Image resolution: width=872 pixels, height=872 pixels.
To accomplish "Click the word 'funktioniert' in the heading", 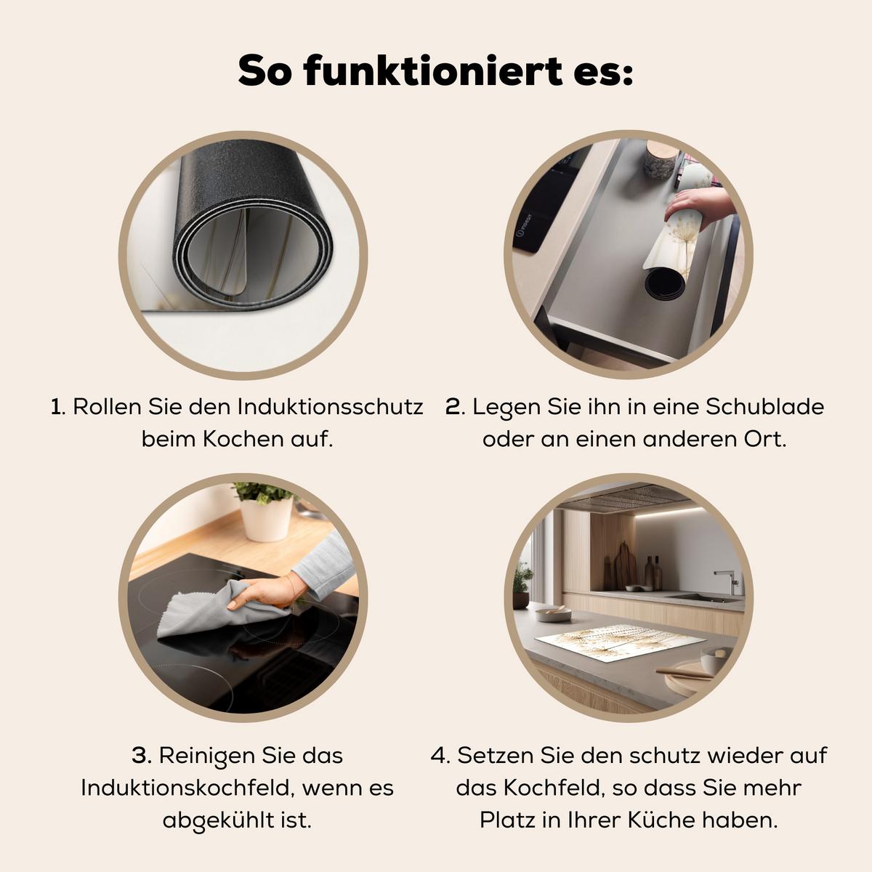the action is pos(433,70).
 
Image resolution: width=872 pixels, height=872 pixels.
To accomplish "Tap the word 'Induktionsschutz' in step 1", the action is pos(331,407).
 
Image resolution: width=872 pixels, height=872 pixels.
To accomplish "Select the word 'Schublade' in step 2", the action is pos(764,407).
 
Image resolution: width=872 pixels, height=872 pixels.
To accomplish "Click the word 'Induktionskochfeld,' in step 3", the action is pos(187,788).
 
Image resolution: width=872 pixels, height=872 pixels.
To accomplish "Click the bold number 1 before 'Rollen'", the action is pos(56,407).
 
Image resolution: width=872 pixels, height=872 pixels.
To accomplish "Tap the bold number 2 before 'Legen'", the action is pos(453,407).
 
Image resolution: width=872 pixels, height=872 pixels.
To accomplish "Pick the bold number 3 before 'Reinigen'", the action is pos(141,756).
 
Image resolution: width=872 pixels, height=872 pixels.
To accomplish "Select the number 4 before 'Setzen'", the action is pos(437,756).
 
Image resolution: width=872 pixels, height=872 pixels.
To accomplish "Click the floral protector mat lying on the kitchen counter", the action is pos(620,641).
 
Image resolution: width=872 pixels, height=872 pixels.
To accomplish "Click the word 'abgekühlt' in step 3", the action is pos(218,821).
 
